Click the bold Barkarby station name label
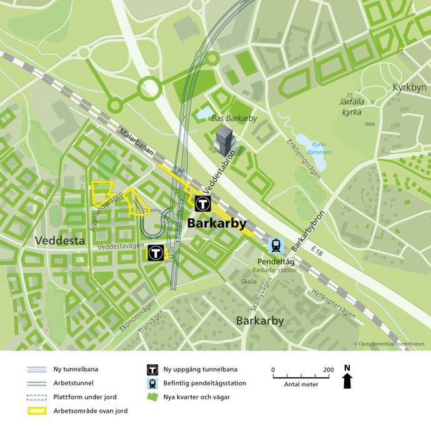217,224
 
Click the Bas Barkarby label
234,118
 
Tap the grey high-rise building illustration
224,141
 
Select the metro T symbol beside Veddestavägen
156,252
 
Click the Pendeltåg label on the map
275,262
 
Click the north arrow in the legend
347,379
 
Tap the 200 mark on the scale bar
328,369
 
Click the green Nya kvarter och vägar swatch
151,397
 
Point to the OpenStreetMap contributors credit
388,344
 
